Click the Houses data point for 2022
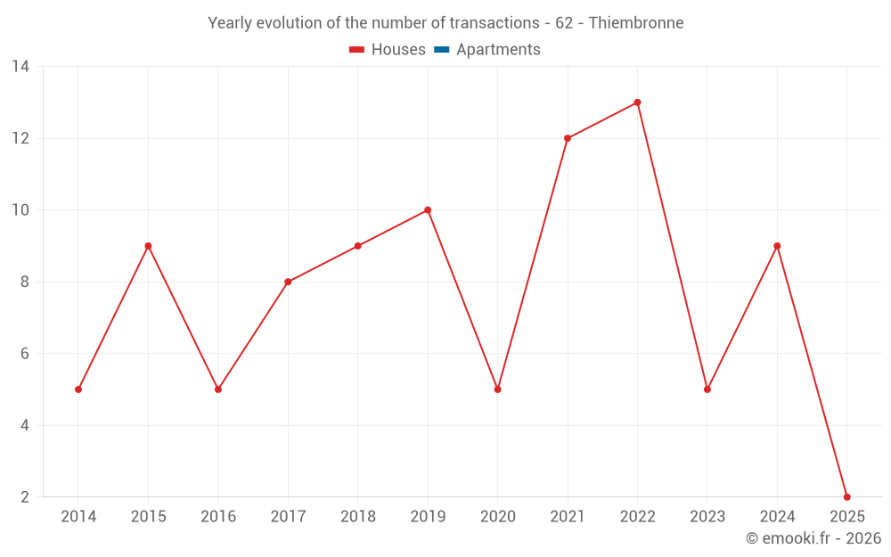click(637, 102)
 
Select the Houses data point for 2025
click(846, 496)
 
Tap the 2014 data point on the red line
click(78, 389)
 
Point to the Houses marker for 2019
click(428, 210)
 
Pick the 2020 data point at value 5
click(497, 389)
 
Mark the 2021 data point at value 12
click(568, 138)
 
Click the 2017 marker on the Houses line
click(288, 282)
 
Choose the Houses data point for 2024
click(777, 246)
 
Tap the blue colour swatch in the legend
click(441, 50)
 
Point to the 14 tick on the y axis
click(20, 67)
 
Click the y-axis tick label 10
click(20, 210)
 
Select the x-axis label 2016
click(218, 517)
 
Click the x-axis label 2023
click(707, 517)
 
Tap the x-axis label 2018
click(358, 517)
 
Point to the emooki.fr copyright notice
click(813, 538)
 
